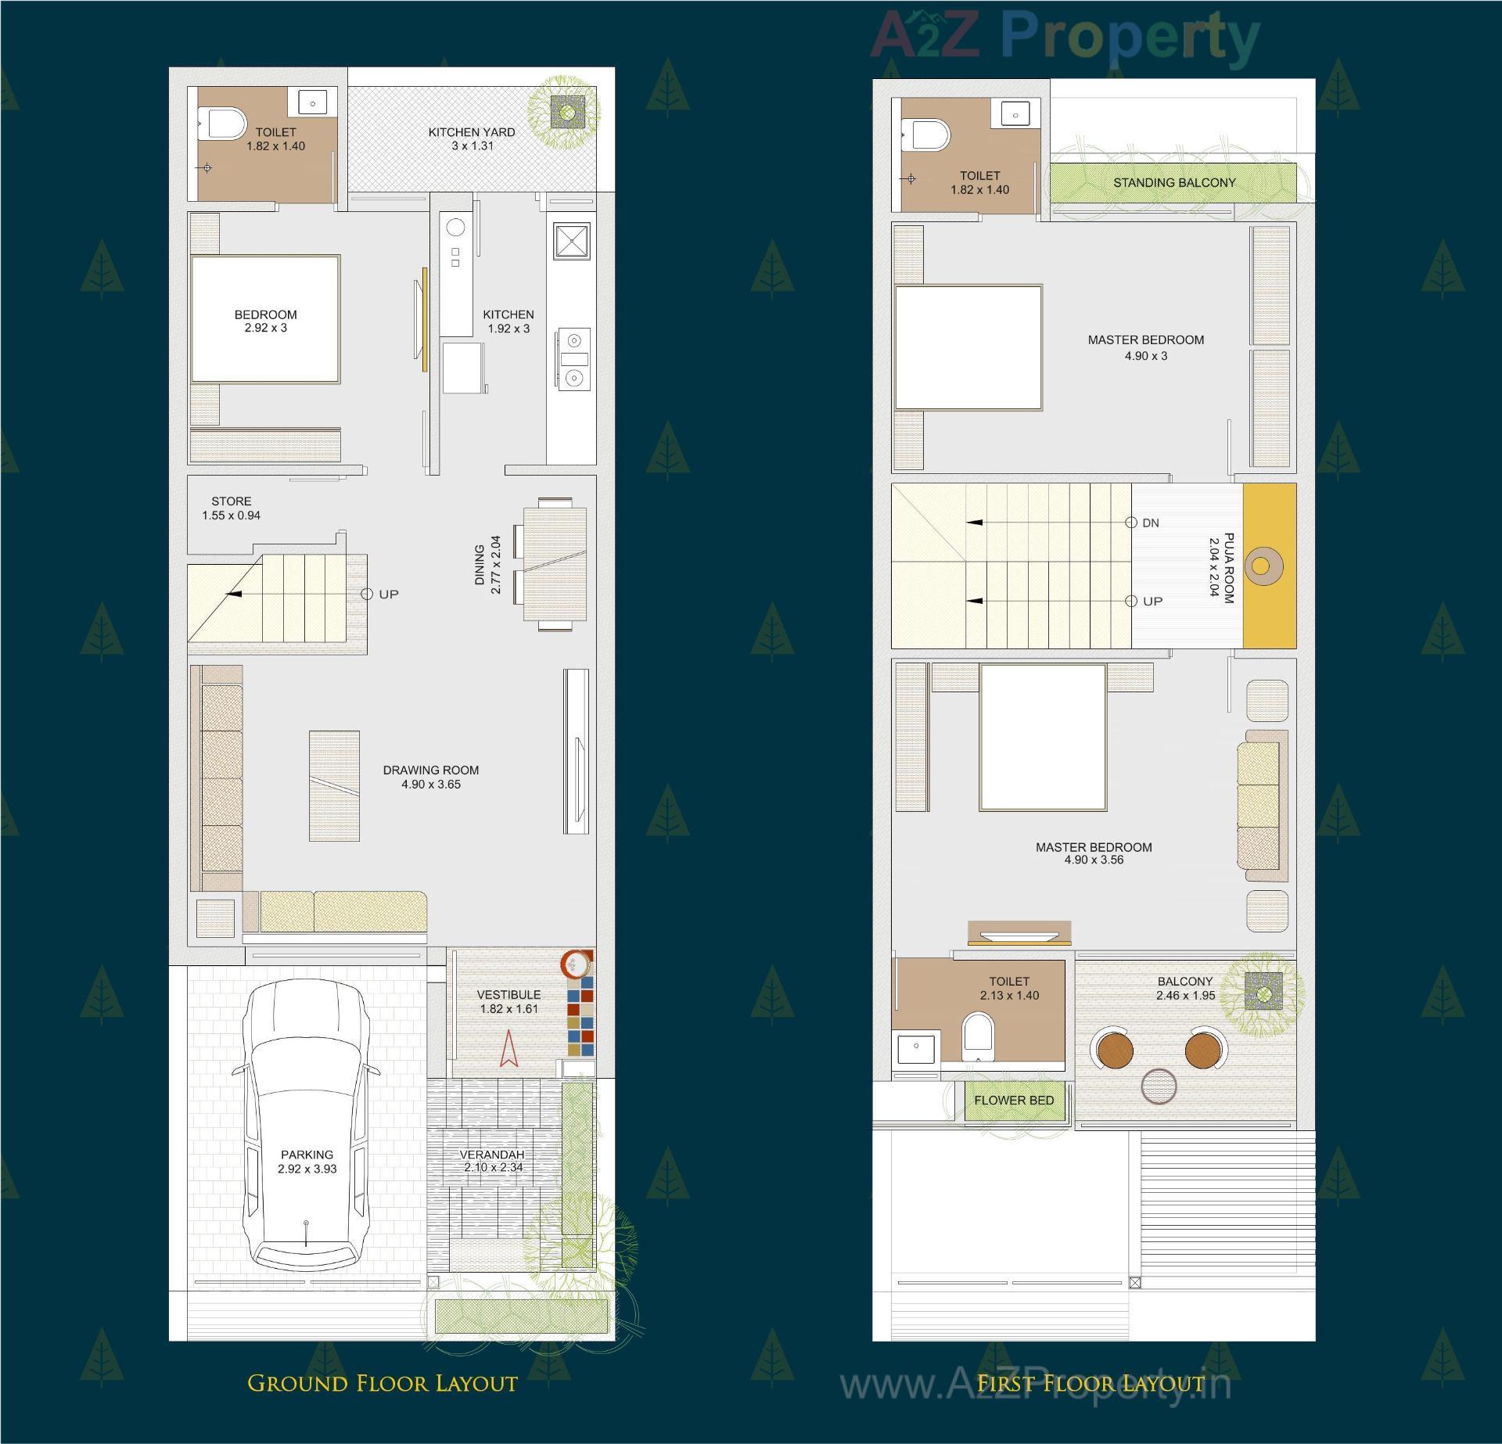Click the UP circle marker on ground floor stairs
[367, 594]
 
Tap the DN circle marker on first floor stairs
[1131, 523]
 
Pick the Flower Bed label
[1014, 1100]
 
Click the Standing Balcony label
[1174, 183]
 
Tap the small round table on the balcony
[1159, 1087]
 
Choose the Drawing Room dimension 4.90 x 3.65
[431, 785]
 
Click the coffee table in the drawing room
[334, 785]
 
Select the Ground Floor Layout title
[383, 1383]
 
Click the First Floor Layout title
[1091, 1383]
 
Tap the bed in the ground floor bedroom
[266, 319]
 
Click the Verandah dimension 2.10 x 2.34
[493, 1168]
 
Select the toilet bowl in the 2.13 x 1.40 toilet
[977, 1035]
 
